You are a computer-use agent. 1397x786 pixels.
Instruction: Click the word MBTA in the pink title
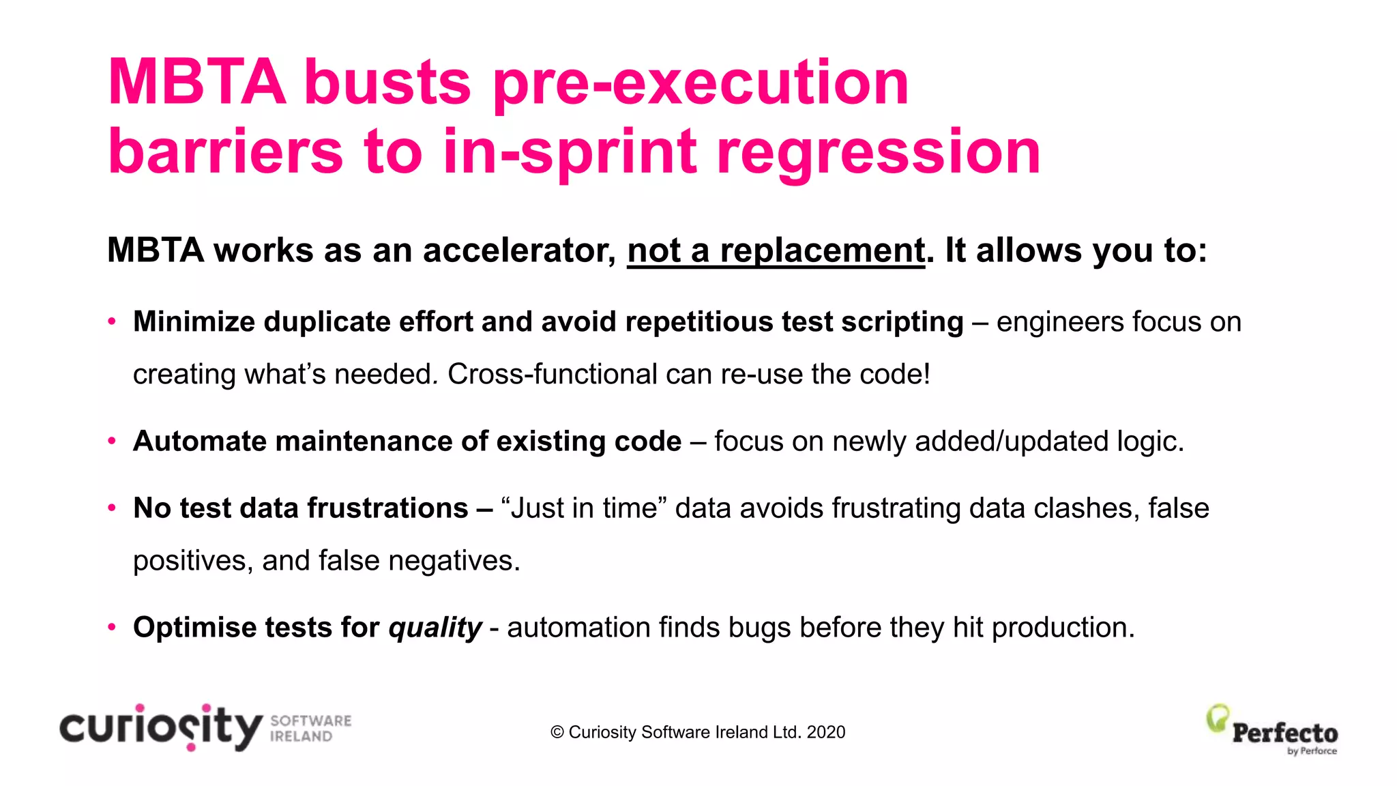pos(196,83)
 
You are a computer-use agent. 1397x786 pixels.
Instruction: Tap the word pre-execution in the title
pos(701,83)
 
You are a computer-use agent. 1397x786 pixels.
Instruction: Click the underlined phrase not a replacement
pos(776,250)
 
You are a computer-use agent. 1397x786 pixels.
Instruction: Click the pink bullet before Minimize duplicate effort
pos(112,321)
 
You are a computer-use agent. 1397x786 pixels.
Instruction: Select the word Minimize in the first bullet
pos(194,321)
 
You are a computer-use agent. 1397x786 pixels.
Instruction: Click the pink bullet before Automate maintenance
pos(112,441)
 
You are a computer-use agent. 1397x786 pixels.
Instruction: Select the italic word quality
pos(435,628)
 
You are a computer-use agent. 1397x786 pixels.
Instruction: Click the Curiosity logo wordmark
pos(161,727)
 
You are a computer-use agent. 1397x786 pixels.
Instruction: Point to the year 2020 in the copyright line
pos(825,732)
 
